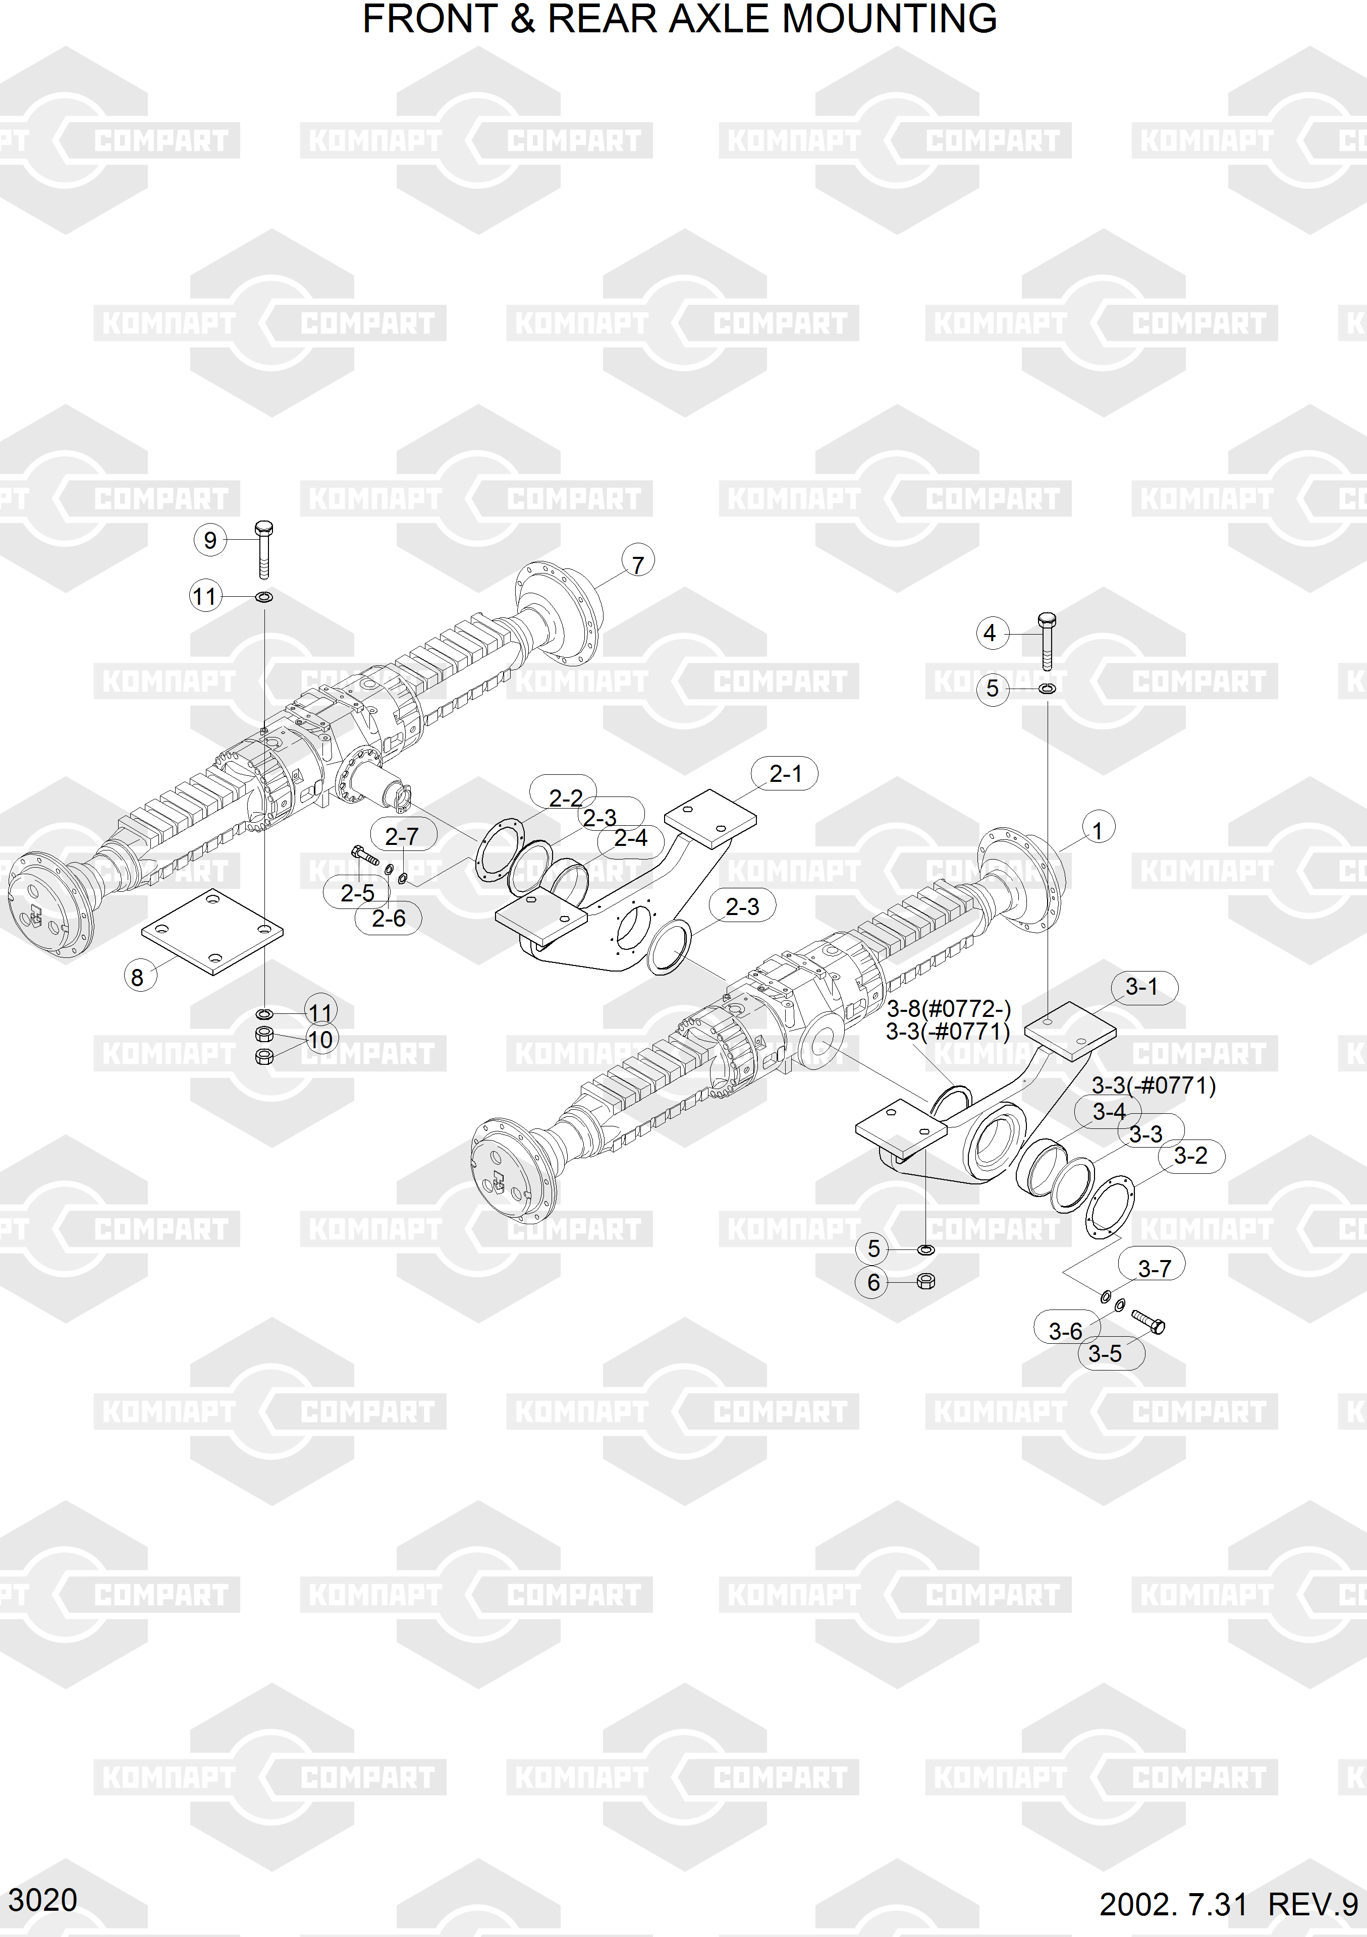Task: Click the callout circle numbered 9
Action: [x=210, y=540]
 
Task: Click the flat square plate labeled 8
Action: [x=212, y=931]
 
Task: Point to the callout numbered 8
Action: [x=138, y=977]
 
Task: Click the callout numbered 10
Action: [x=320, y=1039]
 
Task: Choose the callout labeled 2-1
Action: [x=785, y=774]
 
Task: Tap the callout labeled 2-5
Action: [x=357, y=892]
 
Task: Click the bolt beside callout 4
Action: [x=1047, y=641]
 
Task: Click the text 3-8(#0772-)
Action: [x=949, y=1008]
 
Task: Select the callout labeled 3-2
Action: [x=1191, y=1155]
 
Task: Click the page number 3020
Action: [x=42, y=1900]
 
